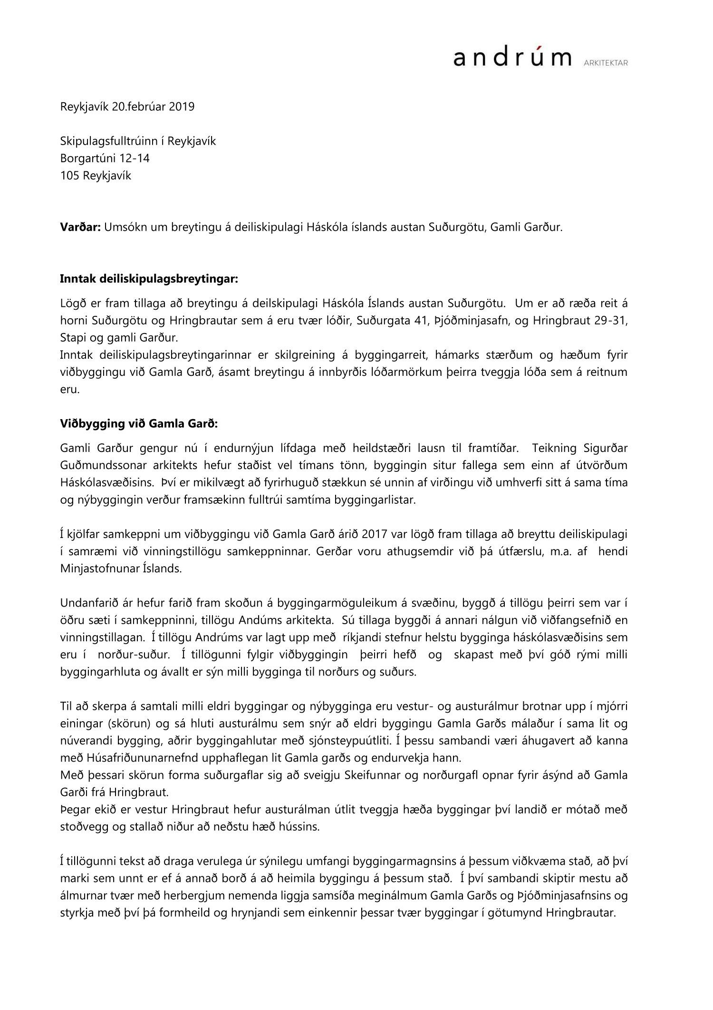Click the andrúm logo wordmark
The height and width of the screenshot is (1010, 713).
click(512, 58)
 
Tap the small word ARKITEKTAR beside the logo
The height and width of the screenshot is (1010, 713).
click(605, 62)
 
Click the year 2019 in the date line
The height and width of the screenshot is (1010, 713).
click(182, 107)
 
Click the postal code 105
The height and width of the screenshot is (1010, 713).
click(70, 176)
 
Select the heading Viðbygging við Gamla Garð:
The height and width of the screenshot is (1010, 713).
click(139, 424)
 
